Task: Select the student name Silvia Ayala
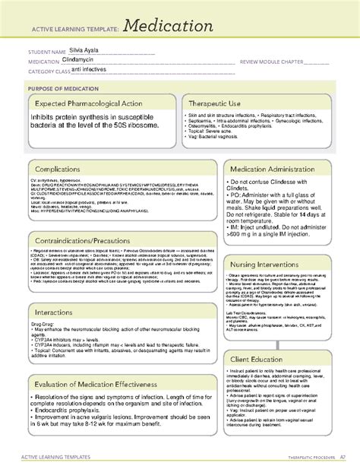coord(82,49)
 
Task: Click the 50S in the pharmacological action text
coord(126,123)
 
